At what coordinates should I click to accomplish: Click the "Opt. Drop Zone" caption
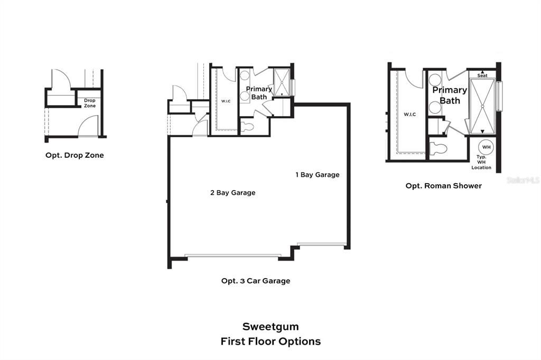74,155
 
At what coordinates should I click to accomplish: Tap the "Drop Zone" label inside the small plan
90,103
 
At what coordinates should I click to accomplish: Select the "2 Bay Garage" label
232,193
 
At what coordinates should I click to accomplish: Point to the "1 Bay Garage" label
317,175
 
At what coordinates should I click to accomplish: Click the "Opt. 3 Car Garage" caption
256,281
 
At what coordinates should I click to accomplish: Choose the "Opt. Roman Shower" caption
444,186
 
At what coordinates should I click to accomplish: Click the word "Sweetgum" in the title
270,327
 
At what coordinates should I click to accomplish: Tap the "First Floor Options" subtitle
270,342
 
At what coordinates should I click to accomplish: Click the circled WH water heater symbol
486,147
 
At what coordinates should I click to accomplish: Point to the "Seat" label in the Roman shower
482,75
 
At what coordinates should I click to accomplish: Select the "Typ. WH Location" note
481,163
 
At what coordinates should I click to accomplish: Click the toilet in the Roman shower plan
439,149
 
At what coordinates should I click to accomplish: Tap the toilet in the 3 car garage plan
247,127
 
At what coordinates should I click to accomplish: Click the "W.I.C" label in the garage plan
226,100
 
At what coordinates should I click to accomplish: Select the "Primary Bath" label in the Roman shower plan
450,95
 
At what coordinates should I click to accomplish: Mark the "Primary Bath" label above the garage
259,93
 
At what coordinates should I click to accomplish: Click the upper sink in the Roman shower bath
435,80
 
